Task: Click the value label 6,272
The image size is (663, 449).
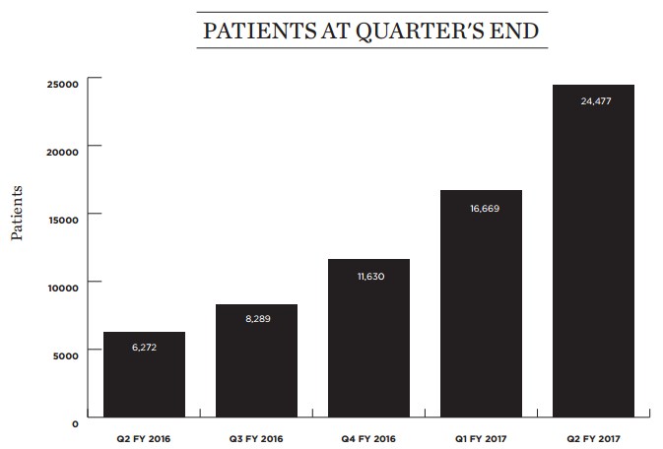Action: (x=144, y=348)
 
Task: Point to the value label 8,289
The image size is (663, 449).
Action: (x=256, y=319)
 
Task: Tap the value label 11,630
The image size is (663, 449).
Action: (x=368, y=276)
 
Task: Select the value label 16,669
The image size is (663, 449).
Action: (x=481, y=207)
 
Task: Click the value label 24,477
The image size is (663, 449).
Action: (x=593, y=100)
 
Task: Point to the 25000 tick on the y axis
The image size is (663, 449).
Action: (x=61, y=84)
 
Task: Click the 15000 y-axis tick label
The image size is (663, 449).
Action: (x=61, y=215)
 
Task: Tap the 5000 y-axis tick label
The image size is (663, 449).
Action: (x=64, y=351)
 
